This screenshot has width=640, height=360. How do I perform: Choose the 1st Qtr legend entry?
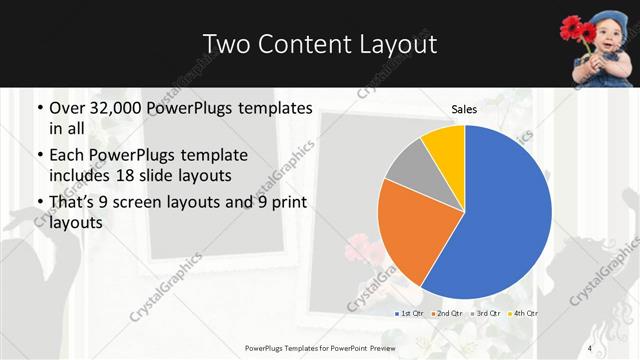(410, 314)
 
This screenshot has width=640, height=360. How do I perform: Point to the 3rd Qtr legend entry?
(485, 314)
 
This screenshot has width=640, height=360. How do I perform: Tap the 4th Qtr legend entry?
(522, 314)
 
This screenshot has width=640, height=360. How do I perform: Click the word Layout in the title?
(398, 44)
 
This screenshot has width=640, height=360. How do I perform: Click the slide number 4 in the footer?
(590, 348)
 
